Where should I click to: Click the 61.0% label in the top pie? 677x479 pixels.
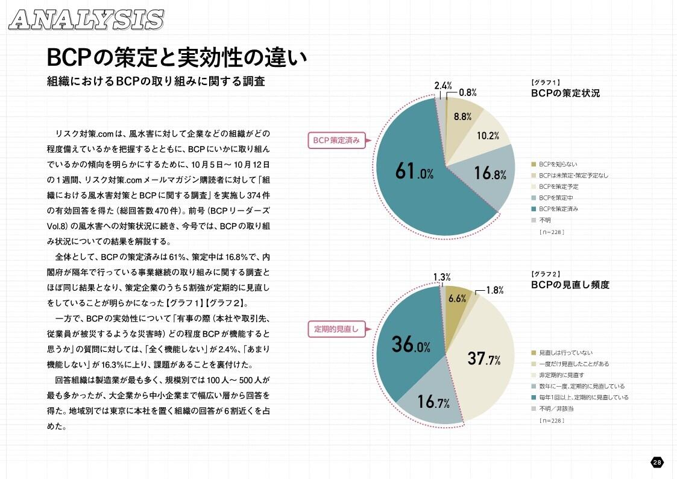point(415,171)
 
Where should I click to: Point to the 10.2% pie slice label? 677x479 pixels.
point(488,136)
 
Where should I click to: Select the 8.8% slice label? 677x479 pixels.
point(462,117)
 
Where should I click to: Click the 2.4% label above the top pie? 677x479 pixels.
point(444,86)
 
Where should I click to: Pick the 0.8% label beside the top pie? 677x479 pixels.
point(468,92)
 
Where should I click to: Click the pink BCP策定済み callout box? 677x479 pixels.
point(336,140)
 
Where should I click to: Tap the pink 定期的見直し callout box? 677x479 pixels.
point(336,329)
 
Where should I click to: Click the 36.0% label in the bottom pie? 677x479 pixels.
point(411,344)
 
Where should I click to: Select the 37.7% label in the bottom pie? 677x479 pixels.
point(485,360)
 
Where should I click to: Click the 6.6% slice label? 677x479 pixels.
point(458,299)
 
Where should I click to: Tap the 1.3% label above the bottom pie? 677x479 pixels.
point(442,278)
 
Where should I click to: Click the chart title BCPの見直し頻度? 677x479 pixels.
point(570,285)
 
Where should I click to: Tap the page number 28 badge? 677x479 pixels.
point(657,462)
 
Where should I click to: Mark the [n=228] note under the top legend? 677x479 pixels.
point(551,232)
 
